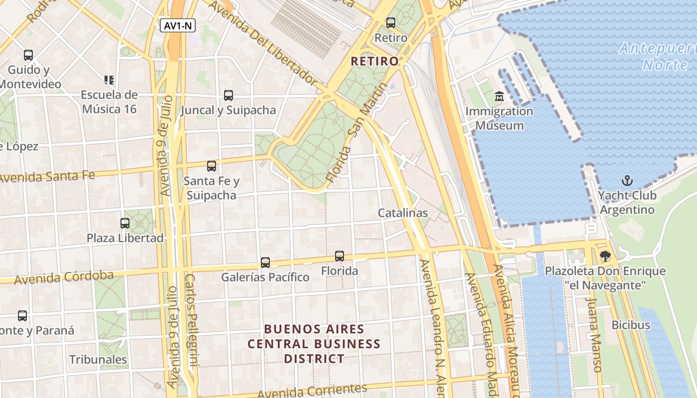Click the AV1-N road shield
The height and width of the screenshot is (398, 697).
coord(178,26)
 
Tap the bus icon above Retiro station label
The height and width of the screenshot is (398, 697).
coord(391,22)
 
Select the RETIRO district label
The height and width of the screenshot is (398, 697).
coord(375,61)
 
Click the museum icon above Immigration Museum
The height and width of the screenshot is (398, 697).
coord(499,97)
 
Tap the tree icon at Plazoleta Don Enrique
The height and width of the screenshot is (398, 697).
coord(605,257)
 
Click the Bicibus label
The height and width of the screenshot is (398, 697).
coord(631,325)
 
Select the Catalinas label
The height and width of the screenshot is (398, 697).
coord(403,213)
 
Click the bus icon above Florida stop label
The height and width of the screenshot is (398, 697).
coord(340,256)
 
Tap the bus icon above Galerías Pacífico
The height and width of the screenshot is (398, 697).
coord(265,262)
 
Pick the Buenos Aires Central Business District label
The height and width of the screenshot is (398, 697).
coord(314,344)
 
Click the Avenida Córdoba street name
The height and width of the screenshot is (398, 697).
coord(64,278)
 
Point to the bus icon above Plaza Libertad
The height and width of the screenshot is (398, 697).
coord(125,223)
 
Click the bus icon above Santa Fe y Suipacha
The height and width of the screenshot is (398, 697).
coord(212,166)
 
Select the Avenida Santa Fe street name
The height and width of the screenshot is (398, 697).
coord(47,175)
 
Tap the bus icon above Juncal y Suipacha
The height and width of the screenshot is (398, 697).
coord(229,96)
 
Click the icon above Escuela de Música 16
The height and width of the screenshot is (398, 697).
coord(109,80)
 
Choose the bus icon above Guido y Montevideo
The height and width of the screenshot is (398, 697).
coord(28,55)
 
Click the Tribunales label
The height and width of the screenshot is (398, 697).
coord(98,359)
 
